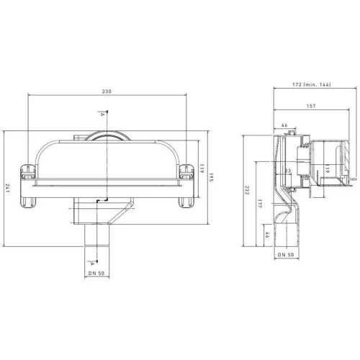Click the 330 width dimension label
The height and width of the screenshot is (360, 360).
pos(107,91)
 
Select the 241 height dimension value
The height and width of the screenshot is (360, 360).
pos(7,189)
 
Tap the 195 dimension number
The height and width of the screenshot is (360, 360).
pos(211,177)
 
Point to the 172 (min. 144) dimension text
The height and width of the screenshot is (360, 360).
pos(312,84)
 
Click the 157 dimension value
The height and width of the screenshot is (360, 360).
pos(311,106)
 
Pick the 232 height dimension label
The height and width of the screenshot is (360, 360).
pos(247,190)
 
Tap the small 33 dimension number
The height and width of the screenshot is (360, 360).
pos(288,171)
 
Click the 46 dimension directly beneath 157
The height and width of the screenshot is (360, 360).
pos(284,125)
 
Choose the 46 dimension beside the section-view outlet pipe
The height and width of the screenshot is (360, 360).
pos(266,235)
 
